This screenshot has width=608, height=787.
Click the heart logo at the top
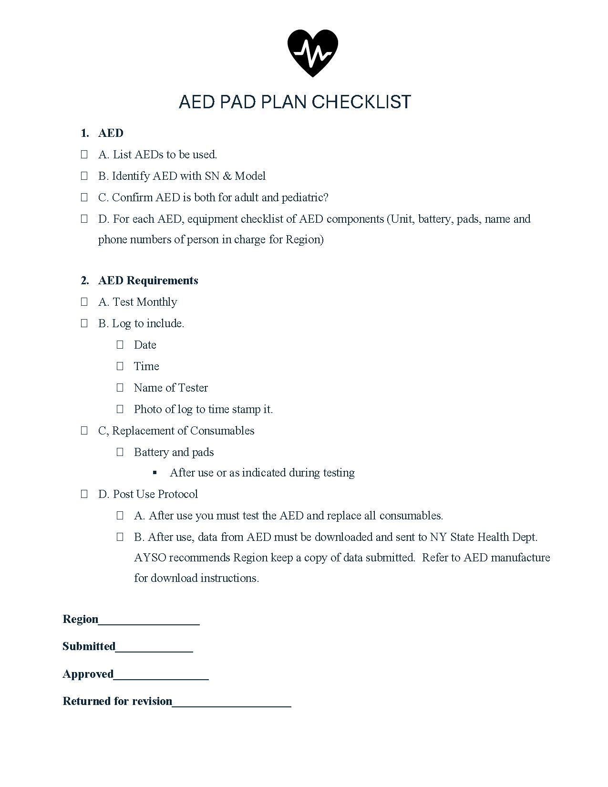(x=312, y=53)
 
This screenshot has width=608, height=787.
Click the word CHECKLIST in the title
(x=361, y=102)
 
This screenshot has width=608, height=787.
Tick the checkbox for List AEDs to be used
(x=84, y=155)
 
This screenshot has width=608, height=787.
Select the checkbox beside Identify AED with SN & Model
(x=84, y=176)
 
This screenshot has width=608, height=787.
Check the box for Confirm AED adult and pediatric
(x=84, y=197)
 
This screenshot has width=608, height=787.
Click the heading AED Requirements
(x=148, y=280)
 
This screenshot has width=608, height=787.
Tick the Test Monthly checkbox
(x=84, y=302)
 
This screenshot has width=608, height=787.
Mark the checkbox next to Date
(x=120, y=345)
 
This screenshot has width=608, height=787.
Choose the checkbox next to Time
(x=120, y=366)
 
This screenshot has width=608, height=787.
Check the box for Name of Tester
(x=120, y=388)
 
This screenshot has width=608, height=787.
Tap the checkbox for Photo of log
(x=120, y=409)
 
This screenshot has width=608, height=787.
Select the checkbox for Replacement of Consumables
(x=84, y=431)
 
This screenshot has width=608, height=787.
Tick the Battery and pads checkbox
(x=120, y=452)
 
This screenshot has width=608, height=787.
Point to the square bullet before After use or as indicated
(x=155, y=473)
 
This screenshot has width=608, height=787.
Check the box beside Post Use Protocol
(x=84, y=494)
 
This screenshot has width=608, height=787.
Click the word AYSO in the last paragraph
(x=150, y=558)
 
